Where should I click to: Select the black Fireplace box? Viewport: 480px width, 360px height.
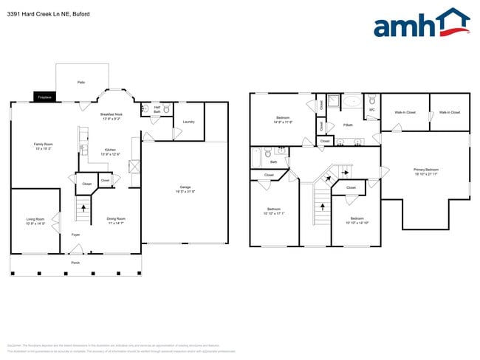pos(44,97)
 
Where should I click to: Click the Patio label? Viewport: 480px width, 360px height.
pos(82,83)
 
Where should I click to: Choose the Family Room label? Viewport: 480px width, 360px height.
pos(44,145)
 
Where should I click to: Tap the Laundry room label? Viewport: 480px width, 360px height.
pos(188,122)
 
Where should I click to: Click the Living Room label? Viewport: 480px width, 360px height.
pos(35,221)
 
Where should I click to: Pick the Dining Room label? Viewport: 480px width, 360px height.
pos(116,220)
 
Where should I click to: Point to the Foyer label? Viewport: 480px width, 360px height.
pos(75,235)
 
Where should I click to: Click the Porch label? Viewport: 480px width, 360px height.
pos(75,263)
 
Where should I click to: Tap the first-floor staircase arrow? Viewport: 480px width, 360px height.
pos(83,208)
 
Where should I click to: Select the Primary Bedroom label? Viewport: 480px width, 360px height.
pos(426,171)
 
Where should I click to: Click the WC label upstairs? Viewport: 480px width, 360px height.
pos(371,109)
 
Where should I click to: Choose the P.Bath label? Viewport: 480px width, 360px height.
pos(348,125)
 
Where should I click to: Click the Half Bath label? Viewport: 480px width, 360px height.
pos(157,109)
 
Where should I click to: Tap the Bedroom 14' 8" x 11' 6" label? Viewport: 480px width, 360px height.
pos(283,120)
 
